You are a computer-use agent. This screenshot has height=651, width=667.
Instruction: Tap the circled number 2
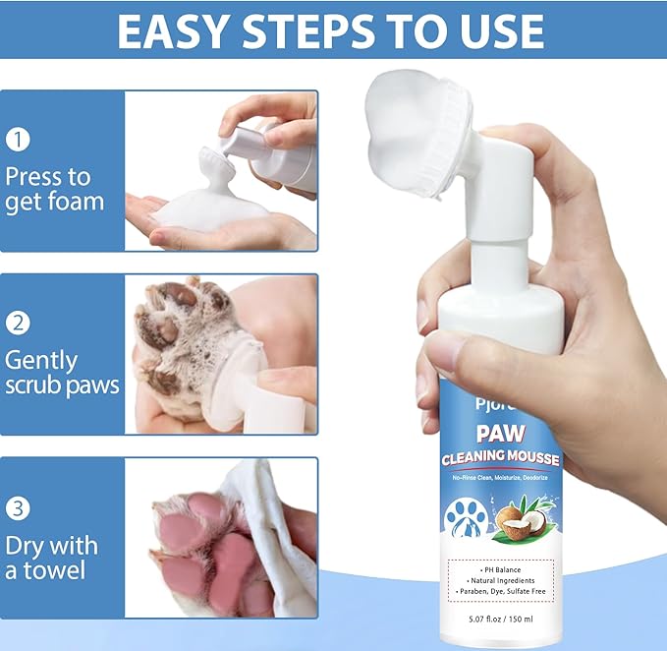tap(18, 323)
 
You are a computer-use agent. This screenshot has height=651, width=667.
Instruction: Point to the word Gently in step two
tap(41, 359)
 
